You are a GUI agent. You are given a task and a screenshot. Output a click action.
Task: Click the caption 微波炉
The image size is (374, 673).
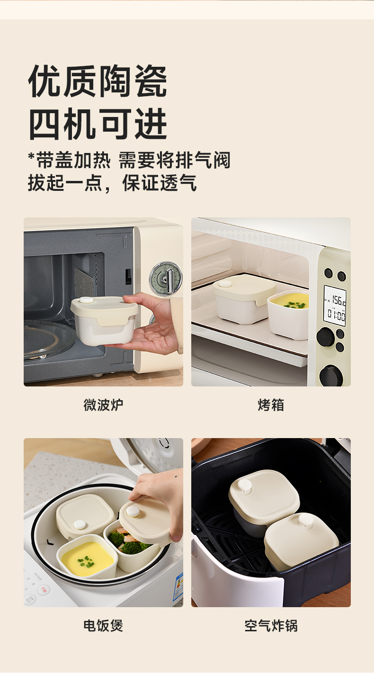pos(103,405)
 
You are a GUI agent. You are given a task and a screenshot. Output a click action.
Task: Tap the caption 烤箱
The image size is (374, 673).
pos(271,405)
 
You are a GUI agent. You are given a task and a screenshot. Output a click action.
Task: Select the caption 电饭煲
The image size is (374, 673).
pos(103,626)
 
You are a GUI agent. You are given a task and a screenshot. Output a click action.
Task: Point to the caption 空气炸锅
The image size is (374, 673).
pos(271,626)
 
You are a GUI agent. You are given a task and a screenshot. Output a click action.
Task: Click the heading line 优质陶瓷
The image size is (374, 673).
pos(98,81)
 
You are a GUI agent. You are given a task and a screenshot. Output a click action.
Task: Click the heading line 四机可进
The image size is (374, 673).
pos(98,124)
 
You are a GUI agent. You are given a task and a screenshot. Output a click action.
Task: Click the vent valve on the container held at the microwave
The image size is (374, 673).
pos(86,300)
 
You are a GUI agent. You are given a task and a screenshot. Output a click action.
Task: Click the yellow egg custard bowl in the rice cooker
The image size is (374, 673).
pos(87,556)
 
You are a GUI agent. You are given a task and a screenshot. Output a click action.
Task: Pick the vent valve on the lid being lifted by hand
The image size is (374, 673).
pos(133,511)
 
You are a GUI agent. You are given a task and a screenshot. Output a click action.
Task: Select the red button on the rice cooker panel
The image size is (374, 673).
pos(44,590)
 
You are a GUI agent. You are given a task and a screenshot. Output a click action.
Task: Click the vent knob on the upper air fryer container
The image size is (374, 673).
pos(245,486)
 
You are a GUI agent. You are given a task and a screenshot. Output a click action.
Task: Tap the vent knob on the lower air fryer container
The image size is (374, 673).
pos(306,520)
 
